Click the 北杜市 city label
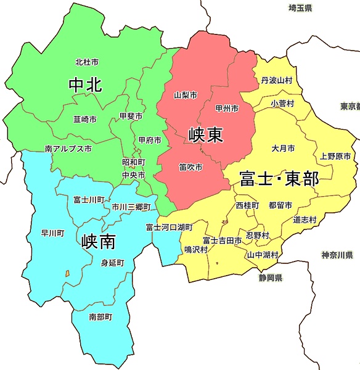[87, 62]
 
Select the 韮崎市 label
[84, 119]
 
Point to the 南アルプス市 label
[68, 149]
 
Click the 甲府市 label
[150, 141]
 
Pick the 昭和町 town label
[134, 162]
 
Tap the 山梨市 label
[186, 96]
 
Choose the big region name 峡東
[206, 134]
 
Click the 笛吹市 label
[191, 167]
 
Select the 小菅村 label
[282, 104]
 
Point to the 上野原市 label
[335, 157]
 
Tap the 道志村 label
[305, 220]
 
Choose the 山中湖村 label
[263, 255]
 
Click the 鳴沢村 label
[196, 249]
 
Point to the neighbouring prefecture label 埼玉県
[300, 8]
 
